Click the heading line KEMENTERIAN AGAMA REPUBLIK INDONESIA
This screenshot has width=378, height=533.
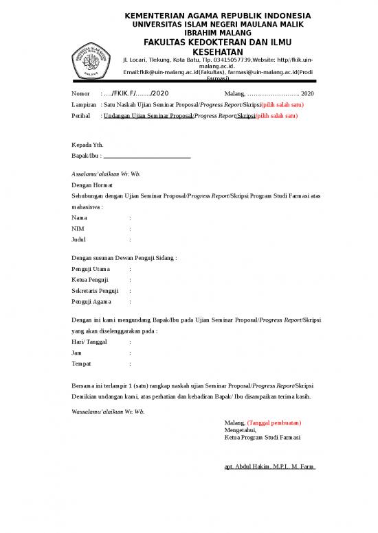point(217,16)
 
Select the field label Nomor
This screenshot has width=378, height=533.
point(81,93)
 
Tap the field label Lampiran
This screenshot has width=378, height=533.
point(85,105)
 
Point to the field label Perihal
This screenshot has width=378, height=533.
point(82,117)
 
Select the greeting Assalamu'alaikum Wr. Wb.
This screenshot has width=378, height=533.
point(107,174)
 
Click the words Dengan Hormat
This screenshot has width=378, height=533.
point(93,185)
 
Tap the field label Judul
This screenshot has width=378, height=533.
point(80,239)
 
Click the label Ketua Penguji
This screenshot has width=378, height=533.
point(90,280)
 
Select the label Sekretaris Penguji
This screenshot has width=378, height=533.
point(96,291)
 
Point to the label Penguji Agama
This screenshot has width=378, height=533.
point(92,302)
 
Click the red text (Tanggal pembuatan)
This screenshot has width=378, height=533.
point(274,423)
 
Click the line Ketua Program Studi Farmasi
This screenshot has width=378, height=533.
point(263,437)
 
